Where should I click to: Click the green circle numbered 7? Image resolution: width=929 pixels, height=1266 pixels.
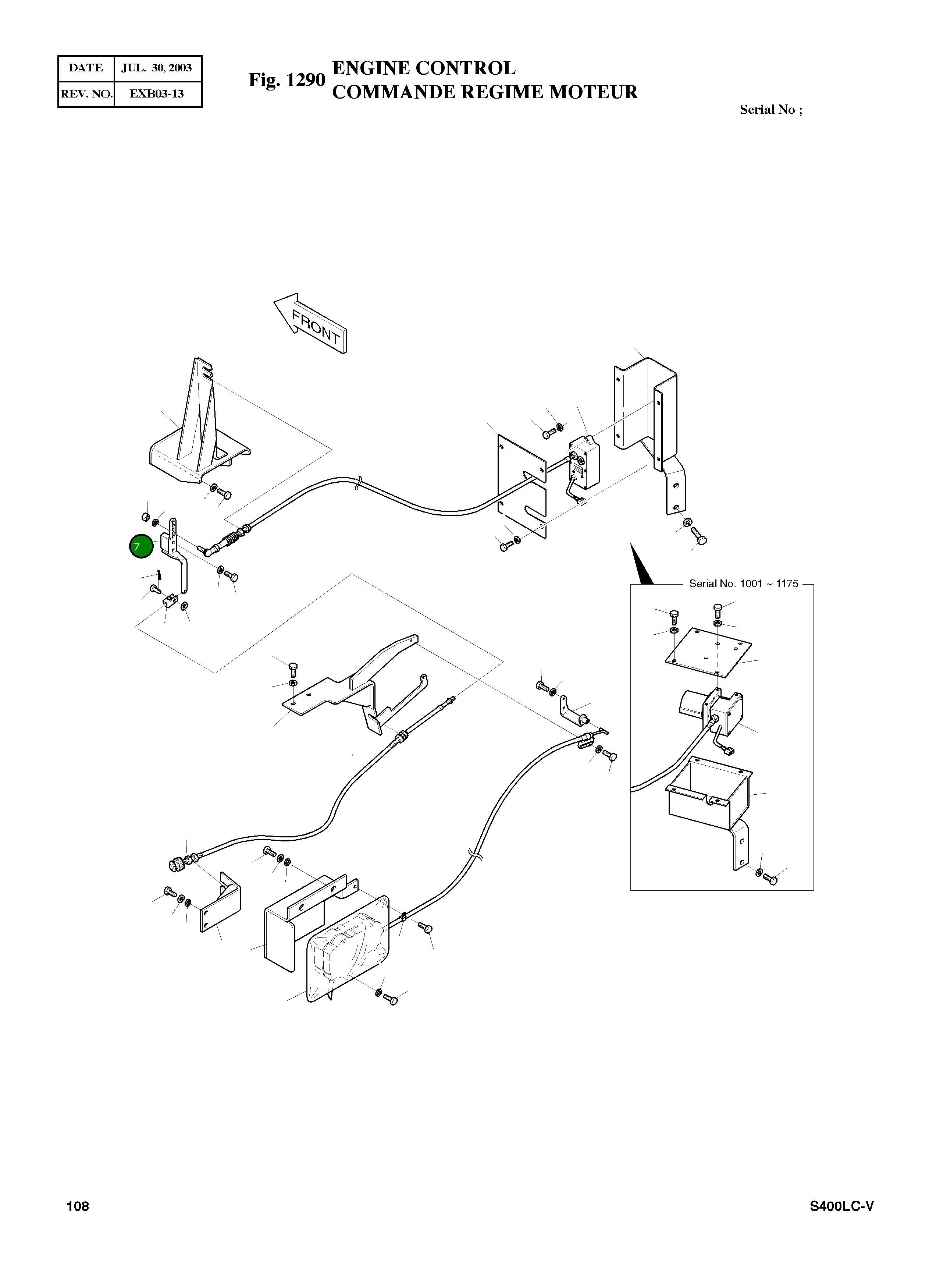(140, 546)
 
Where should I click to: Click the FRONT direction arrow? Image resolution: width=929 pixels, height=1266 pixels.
(311, 323)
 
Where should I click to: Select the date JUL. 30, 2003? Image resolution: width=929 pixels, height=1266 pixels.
(157, 68)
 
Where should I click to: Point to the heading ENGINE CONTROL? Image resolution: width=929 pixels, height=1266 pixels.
(424, 68)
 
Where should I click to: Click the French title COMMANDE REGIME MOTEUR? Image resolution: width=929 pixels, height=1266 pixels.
(485, 92)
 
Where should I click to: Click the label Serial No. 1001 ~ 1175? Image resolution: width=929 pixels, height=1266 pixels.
(743, 584)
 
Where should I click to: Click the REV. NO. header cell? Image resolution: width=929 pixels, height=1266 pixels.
(86, 93)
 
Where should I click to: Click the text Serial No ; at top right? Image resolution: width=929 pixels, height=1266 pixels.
(771, 110)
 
